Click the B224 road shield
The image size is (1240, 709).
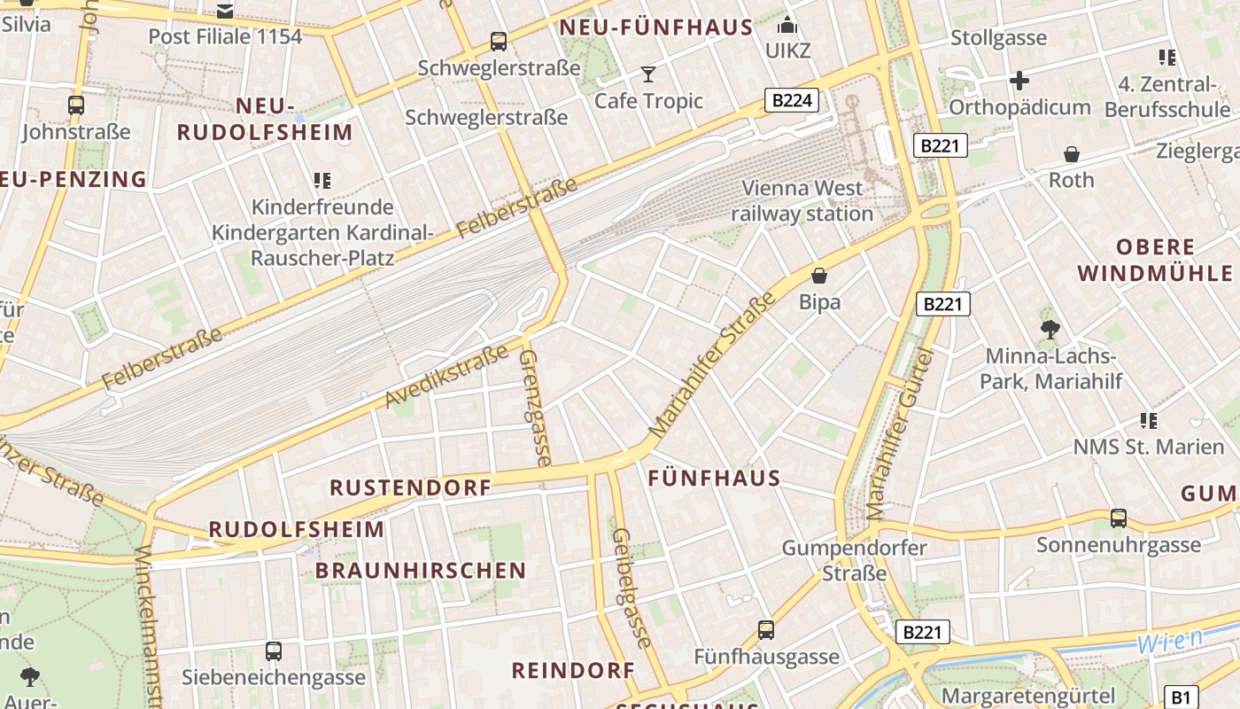[792, 100]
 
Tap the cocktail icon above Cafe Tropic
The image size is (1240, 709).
[648, 74]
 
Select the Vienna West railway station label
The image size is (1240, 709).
[802, 201]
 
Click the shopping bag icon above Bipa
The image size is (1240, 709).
[819, 276]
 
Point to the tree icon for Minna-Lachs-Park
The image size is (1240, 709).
[1050, 330]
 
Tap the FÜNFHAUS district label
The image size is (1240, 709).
[714, 479]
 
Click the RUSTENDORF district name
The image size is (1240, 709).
[410, 487]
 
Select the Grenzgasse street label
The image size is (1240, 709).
[535, 407]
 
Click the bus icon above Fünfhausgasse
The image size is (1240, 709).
[766, 630]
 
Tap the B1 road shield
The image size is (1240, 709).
[1181, 697]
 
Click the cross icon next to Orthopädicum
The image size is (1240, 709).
[1019, 81]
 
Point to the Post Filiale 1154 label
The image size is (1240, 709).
[225, 36]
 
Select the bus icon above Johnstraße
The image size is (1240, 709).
[76, 105]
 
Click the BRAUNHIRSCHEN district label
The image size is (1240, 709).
[421, 571]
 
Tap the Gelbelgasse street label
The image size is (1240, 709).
[632, 588]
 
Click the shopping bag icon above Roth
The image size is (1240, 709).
[1072, 154]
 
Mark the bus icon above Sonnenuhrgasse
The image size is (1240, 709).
[1119, 518]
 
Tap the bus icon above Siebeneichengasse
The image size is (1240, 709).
[274, 651]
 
